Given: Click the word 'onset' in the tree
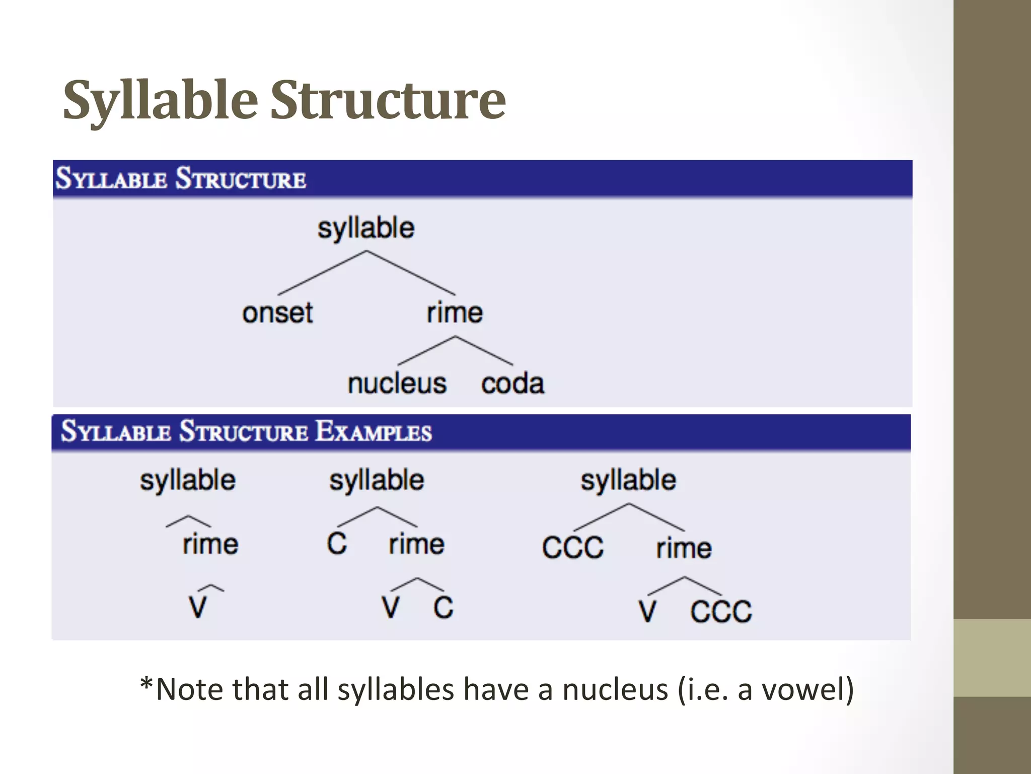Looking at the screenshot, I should click(277, 313).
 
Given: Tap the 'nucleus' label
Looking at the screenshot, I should click(397, 383).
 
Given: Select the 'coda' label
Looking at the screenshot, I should click(512, 383).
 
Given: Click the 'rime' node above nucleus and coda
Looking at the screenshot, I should click(455, 313).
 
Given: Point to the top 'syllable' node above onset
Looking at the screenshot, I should click(366, 228).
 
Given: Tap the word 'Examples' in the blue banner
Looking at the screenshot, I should click(374, 432).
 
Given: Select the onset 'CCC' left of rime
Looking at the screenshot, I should click(573, 547).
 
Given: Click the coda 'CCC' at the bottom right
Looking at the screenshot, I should click(721, 611).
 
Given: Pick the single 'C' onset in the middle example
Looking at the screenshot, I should click(337, 544).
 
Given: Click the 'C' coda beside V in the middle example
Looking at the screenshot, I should click(443, 607).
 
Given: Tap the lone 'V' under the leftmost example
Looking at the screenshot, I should click(198, 607).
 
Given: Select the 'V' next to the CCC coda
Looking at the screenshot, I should click(647, 611).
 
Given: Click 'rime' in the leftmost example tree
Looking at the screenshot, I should click(210, 545).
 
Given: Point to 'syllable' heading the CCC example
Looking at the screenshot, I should click(628, 480).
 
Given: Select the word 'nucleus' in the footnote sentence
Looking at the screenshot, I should click(615, 689).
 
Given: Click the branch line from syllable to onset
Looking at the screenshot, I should click(322, 273).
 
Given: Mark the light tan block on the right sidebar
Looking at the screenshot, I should click(992, 658).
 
